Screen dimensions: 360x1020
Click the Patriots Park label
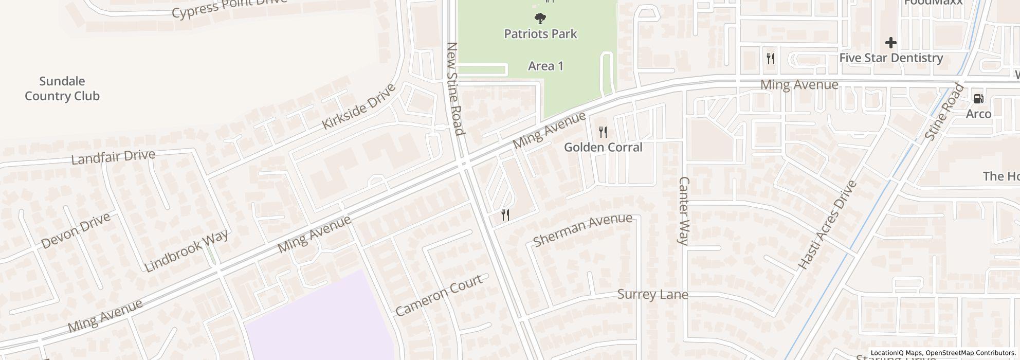click(540, 34)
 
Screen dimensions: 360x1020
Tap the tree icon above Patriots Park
click(540, 19)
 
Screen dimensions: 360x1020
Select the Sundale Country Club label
click(62, 88)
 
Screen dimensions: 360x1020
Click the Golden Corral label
click(603, 148)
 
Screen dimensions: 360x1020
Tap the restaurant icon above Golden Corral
click(603, 133)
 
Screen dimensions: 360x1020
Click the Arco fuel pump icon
click(978, 99)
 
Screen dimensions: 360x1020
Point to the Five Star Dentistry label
click(891, 58)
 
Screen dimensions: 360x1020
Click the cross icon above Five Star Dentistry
click(891, 43)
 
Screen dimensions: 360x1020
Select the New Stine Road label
click(456, 88)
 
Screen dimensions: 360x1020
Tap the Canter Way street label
click(684, 211)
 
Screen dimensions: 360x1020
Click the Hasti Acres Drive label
click(827, 225)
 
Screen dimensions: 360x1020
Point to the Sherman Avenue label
click(582, 229)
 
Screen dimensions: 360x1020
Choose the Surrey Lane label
click(652, 295)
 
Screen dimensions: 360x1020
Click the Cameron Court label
click(439, 295)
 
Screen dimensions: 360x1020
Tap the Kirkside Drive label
click(358, 106)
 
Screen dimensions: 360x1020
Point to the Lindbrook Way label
click(186, 251)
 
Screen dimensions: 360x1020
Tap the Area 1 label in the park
click(545, 66)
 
